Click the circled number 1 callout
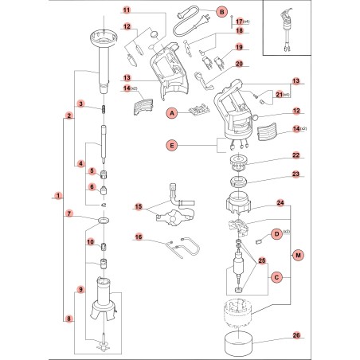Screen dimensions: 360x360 pos(57,195)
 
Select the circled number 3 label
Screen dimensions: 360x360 pos(80,105)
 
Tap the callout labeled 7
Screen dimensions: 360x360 pos(69,214)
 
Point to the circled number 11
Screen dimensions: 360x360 pos(126,10)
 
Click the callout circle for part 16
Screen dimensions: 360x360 pos(138,237)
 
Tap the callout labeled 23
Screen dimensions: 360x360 pos(272,174)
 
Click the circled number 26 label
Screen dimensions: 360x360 pos(273,335)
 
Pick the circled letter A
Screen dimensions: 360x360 pos(170,114)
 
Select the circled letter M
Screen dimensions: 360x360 pos(299,254)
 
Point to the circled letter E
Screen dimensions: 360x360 pos(170,145)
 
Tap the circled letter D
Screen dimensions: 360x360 pos(276,233)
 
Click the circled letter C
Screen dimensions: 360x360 pos(276,277)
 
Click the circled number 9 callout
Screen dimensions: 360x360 pos(80,289)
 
